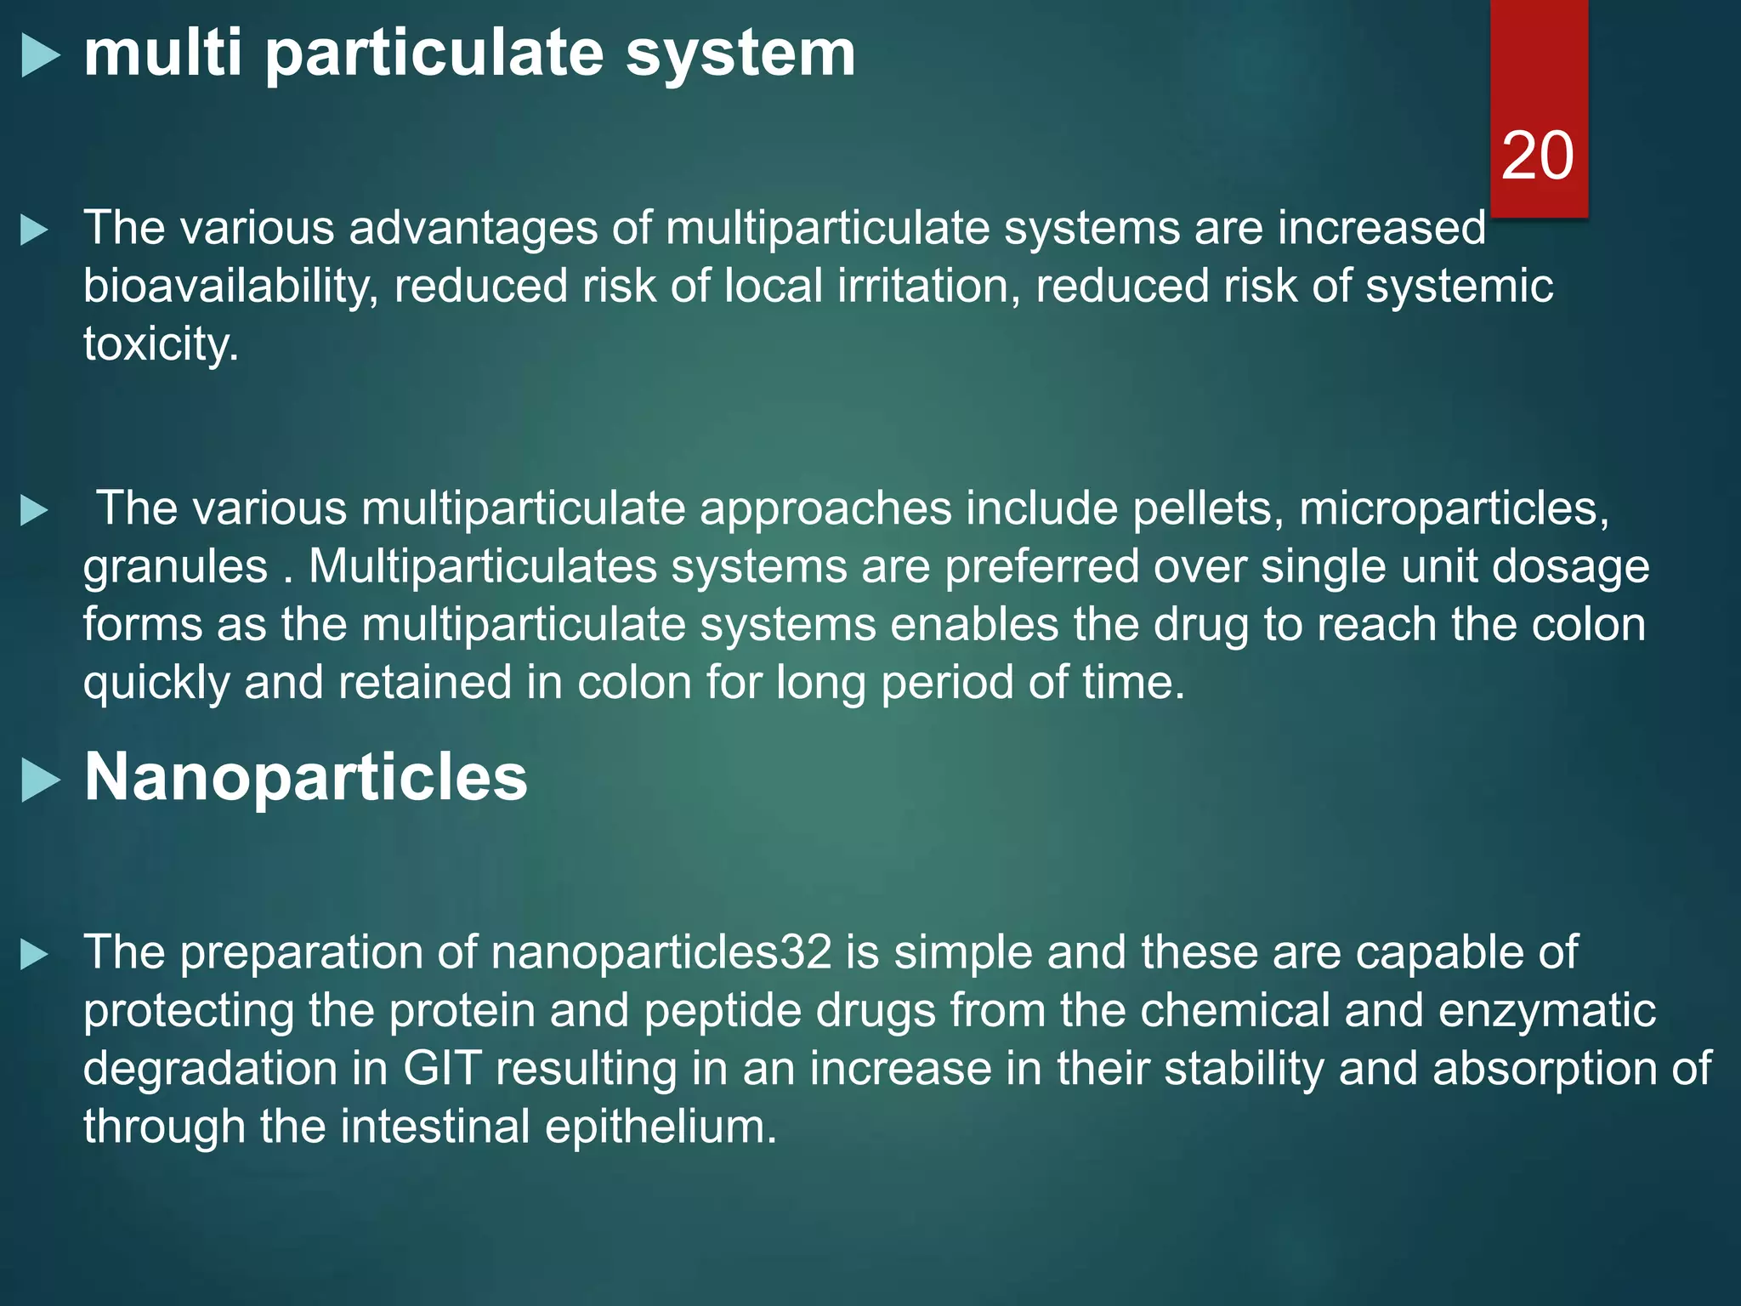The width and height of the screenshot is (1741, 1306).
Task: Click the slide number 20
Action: coord(1537,156)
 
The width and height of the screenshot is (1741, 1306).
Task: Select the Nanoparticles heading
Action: coord(305,777)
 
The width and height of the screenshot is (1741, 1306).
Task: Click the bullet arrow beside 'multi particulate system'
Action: coord(40,56)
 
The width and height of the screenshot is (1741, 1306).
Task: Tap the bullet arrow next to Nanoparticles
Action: coord(40,780)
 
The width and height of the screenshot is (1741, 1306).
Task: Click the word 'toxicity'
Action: coord(161,344)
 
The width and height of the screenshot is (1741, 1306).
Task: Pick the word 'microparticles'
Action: coord(1454,508)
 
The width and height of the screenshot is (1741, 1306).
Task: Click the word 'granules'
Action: coord(175,566)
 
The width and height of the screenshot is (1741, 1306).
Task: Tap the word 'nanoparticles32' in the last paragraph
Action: coord(661,952)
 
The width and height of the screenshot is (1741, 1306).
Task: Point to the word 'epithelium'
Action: coord(661,1127)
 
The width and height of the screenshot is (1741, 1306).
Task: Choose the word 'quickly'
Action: coord(156,684)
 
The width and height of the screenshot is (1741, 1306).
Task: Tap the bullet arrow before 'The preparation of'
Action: coord(34,954)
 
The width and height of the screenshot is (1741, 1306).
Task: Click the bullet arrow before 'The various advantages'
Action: coord(34,230)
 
